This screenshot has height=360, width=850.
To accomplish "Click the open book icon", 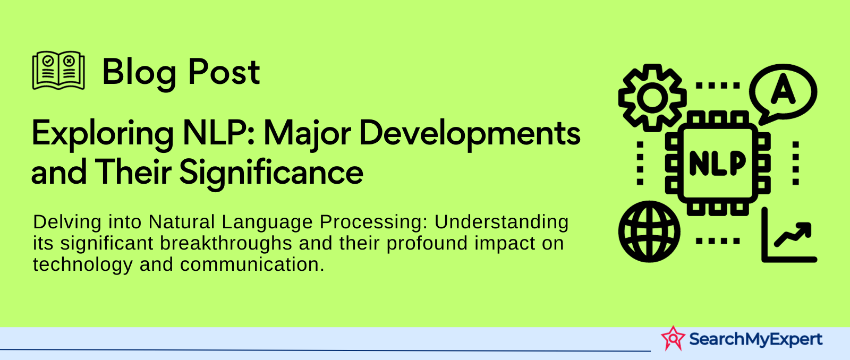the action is click(x=58, y=71).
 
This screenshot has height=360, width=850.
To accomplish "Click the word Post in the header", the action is click(x=224, y=72).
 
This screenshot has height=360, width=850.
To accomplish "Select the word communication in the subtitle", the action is click(x=252, y=264).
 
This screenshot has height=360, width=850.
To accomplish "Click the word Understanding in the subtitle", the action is click(x=501, y=222).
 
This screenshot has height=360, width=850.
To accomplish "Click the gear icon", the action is click(x=652, y=98).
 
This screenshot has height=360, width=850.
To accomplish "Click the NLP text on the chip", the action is click(x=718, y=164).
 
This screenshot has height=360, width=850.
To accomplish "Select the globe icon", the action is click(x=649, y=232).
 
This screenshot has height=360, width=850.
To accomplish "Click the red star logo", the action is click(x=673, y=338).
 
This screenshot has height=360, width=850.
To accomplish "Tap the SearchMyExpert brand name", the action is click(x=755, y=339).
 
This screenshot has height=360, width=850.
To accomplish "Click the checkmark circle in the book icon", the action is click(x=48, y=61).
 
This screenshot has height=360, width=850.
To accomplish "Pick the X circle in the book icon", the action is click(x=69, y=61).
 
